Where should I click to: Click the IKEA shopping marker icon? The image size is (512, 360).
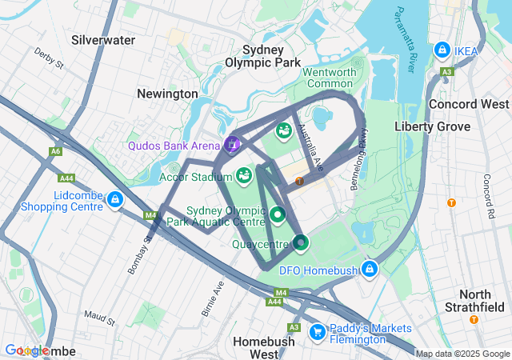coord(442,50)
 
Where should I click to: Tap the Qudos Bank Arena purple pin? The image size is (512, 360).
coord(232,144)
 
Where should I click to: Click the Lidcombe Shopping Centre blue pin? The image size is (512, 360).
coord(115,198)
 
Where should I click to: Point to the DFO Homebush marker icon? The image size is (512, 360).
coord(369,269)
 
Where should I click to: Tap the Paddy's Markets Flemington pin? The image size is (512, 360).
coord(317,330)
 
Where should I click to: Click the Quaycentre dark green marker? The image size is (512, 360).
coord(300,242)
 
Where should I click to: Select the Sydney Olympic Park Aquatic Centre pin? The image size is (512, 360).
coord(278,214)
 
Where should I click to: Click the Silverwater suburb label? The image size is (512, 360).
coord(102,39)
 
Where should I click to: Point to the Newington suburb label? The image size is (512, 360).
coord(167,94)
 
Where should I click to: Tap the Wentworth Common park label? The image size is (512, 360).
coord(329,78)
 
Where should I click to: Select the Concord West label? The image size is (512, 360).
coord(469,104)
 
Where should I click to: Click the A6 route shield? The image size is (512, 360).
coord(55,150)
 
